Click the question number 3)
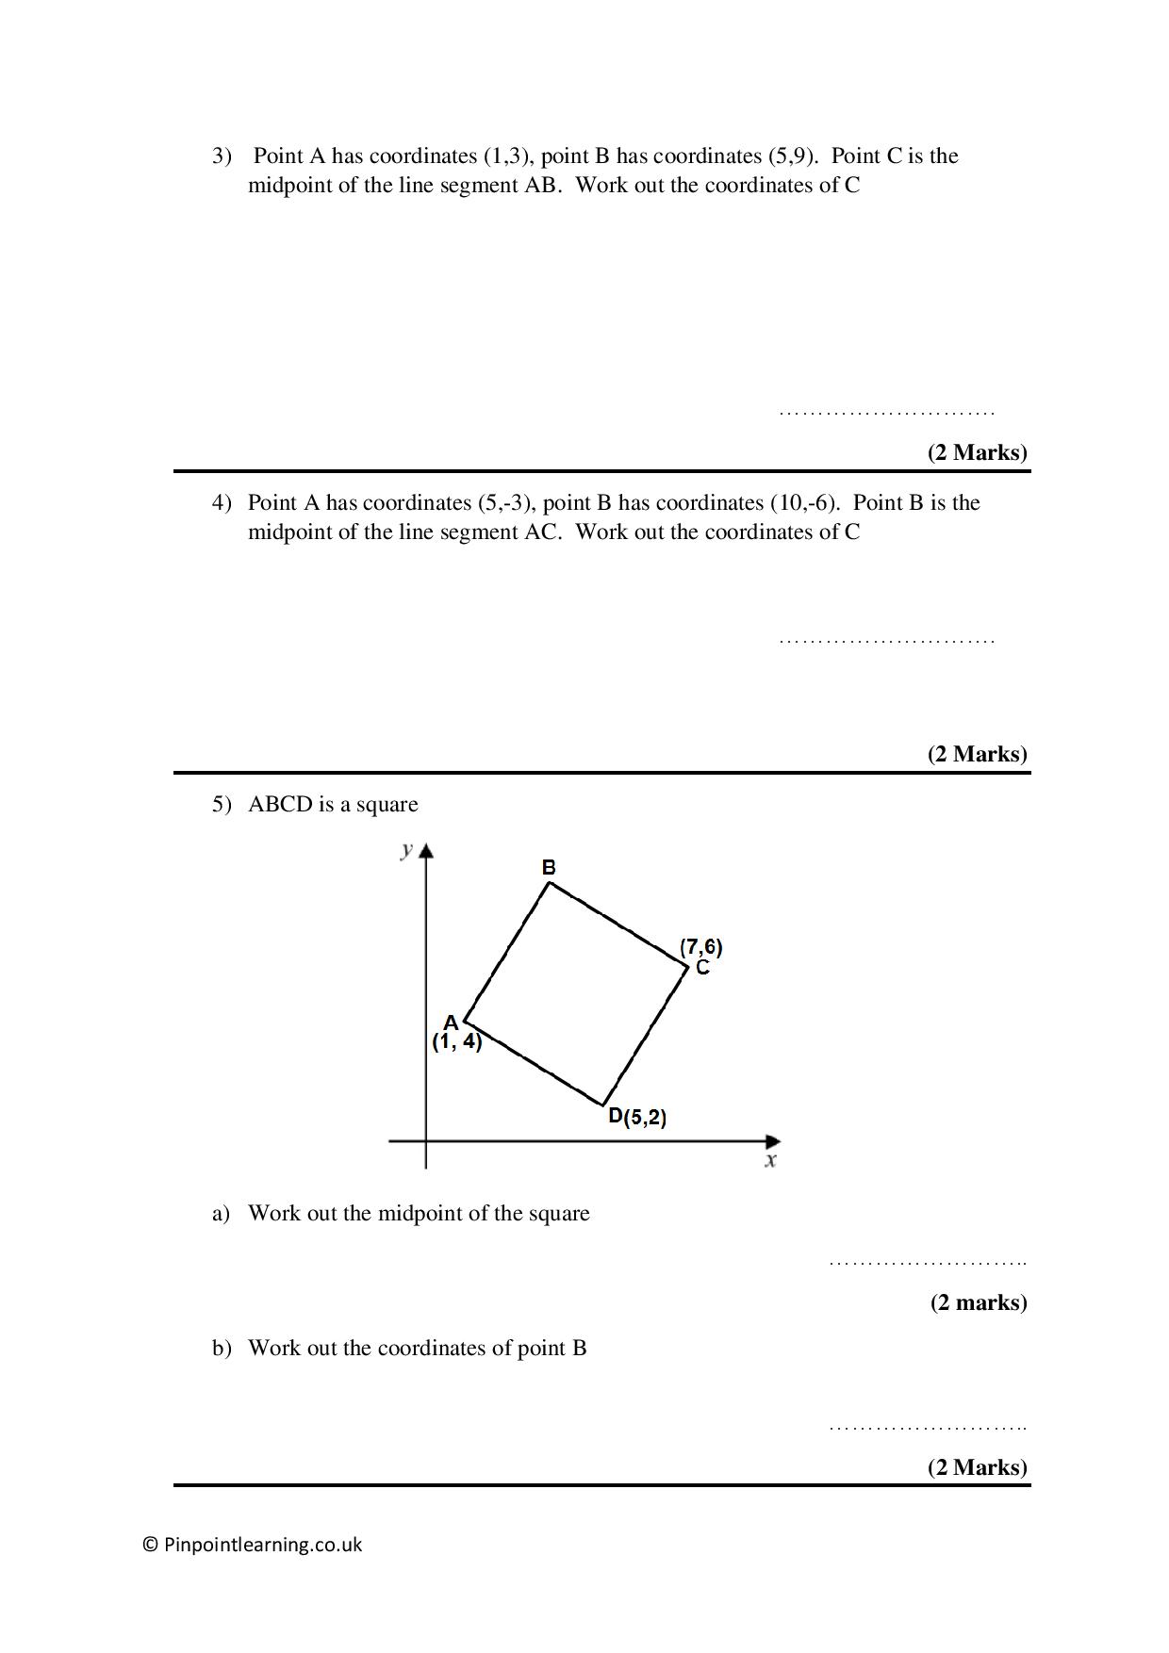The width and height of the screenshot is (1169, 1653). (222, 156)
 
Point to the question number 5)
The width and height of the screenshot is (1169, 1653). (222, 805)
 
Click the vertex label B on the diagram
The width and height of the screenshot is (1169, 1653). (549, 867)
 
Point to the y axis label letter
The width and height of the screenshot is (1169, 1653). (406, 850)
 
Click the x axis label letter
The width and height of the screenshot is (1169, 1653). (770, 1160)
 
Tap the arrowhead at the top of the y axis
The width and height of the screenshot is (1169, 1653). (426, 851)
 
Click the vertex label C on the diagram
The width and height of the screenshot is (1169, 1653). (702, 968)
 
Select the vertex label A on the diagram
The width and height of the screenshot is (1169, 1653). (451, 1023)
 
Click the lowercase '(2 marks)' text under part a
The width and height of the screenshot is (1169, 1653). (979, 1302)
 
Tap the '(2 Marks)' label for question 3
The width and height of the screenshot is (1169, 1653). (978, 452)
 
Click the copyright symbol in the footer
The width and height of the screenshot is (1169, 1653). (150, 1545)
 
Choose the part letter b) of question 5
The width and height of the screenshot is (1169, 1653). (222, 1349)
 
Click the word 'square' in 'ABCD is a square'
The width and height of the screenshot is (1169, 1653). (387, 805)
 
